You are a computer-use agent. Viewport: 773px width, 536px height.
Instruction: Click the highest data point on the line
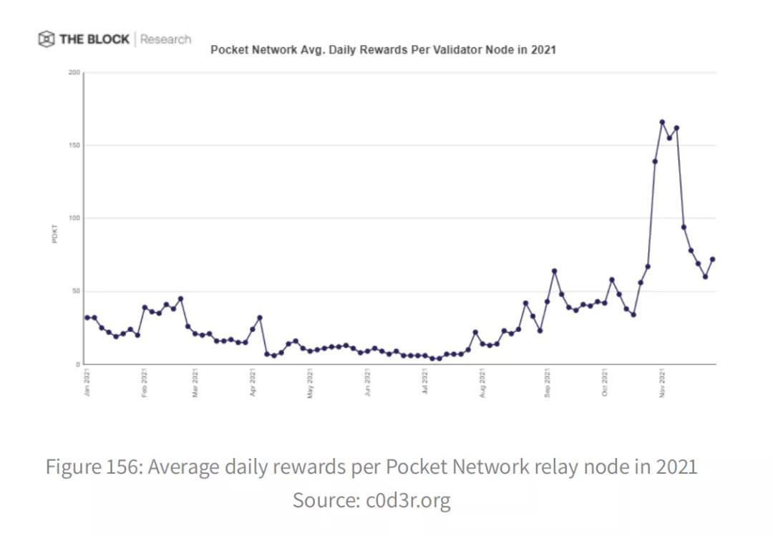point(662,122)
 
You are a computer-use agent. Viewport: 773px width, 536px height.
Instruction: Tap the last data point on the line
point(712,259)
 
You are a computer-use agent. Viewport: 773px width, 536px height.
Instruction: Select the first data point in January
point(87,317)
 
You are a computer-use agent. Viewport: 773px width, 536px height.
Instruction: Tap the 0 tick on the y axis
point(78,364)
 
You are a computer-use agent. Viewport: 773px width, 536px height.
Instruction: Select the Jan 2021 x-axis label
point(87,381)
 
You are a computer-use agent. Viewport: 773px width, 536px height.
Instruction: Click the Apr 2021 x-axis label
point(253,381)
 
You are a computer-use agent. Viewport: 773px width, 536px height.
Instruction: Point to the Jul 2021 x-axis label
point(425,381)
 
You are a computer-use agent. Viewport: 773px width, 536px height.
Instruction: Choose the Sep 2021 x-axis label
point(548,381)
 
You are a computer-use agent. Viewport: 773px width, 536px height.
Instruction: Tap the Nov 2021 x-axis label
point(663,381)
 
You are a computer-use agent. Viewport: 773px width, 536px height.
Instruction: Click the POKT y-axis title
point(54,234)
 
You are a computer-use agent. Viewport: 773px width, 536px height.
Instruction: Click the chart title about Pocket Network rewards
point(383,50)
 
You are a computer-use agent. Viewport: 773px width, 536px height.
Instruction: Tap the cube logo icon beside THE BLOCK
point(47,39)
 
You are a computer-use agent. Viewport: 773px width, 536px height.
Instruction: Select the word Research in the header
point(165,39)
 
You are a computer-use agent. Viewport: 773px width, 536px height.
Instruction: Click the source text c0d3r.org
point(408,500)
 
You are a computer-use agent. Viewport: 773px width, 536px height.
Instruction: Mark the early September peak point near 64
point(554,271)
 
